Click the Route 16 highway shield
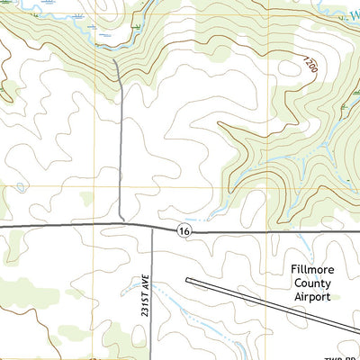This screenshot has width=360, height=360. click(x=184, y=231)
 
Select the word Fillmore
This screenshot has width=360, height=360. click(x=310, y=268)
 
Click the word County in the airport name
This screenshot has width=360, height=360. click(x=310, y=283)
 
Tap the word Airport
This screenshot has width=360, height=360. click(x=310, y=296)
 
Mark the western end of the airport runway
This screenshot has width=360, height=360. click(x=188, y=280)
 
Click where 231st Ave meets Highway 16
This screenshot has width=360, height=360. click(x=151, y=227)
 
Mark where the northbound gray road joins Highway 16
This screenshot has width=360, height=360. click(x=122, y=224)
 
